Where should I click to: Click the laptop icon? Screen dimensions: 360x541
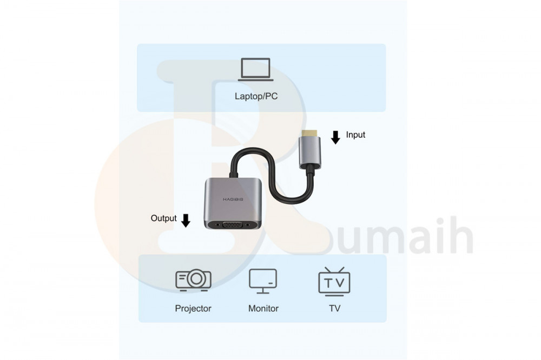[x=256, y=70]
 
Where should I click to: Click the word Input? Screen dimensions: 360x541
[x=355, y=135]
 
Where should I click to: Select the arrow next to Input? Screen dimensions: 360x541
[x=335, y=137]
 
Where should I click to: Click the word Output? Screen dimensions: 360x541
[x=163, y=218]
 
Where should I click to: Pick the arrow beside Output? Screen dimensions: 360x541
[x=186, y=221]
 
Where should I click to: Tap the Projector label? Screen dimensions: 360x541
[x=193, y=309]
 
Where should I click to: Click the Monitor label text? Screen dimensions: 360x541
[x=263, y=309]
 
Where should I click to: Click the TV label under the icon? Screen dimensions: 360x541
[x=334, y=309]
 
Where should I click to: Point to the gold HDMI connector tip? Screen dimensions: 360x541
[x=309, y=131]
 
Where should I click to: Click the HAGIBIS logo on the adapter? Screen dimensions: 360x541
[x=233, y=199]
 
